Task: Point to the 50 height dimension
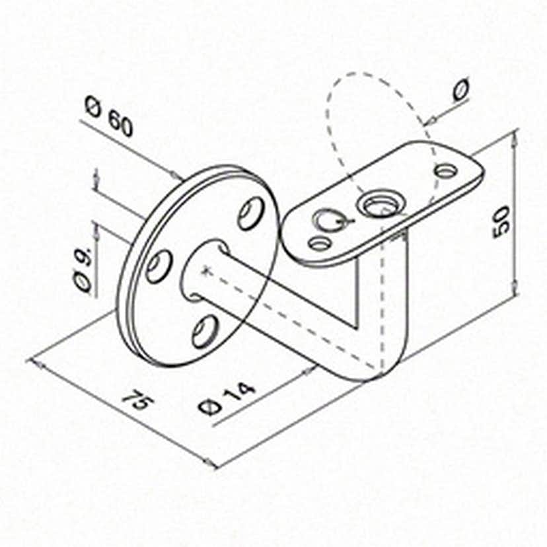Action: [x=502, y=222]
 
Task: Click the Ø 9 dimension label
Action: [x=84, y=268]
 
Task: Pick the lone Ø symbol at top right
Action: [x=461, y=89]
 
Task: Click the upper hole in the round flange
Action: [x=250, y=213]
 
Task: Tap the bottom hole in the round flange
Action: [x=205, y=331]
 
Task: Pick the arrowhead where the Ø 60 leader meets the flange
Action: [x=177, y=175]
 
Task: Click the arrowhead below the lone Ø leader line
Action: [x=431, y=121]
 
